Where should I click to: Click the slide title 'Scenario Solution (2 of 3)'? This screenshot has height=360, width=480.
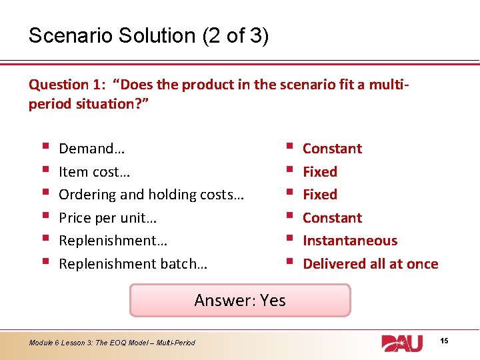[148, 35]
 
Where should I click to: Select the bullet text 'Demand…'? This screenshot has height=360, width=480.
[87, 149]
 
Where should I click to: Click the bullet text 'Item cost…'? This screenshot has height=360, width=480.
[94, 172]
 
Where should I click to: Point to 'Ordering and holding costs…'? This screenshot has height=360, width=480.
[151, 195]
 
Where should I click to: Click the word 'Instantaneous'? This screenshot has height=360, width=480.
[350, 241]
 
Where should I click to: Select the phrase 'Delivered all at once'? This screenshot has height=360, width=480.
[370, 264]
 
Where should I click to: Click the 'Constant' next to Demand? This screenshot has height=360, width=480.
[332, 149]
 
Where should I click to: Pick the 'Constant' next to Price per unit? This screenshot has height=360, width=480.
[332, 218]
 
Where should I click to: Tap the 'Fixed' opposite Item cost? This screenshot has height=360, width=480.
[320, 172]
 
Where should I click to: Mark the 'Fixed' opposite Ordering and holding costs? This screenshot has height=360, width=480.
[320, 195]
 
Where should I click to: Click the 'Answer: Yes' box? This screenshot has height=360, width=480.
[240, 300]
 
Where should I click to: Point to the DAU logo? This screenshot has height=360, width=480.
[402, 343]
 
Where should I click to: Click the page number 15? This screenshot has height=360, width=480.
[444, 341]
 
